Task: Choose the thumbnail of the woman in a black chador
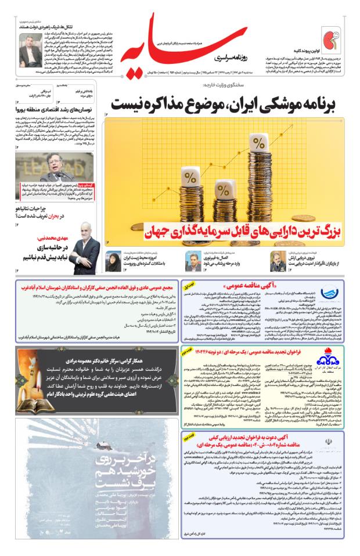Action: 114,261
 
